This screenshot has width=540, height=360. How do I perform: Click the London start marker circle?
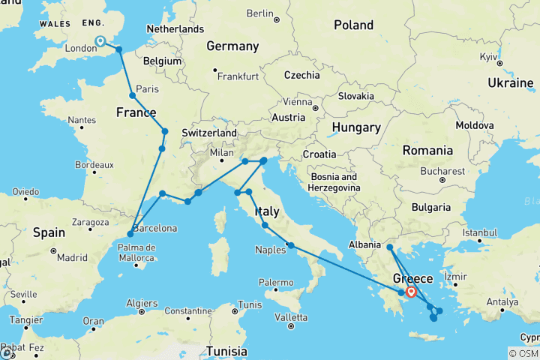(x=100, y=42)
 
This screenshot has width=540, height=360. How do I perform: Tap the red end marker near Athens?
(x=411, y=292)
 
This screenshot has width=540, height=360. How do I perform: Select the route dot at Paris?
(x=132, y=96)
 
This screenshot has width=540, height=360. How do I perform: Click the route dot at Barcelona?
(x=130, y=234)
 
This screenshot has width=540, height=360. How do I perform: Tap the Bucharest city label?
(x=442, y=171)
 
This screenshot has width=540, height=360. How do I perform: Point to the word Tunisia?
(x=226, y=351)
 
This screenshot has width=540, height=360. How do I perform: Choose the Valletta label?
(x=292, y=316)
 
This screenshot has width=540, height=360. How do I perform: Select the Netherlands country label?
(x=176, y=29)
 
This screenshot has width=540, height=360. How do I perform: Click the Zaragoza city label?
(x=91, y=223)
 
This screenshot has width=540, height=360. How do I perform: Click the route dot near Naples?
(x=290, y=245)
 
